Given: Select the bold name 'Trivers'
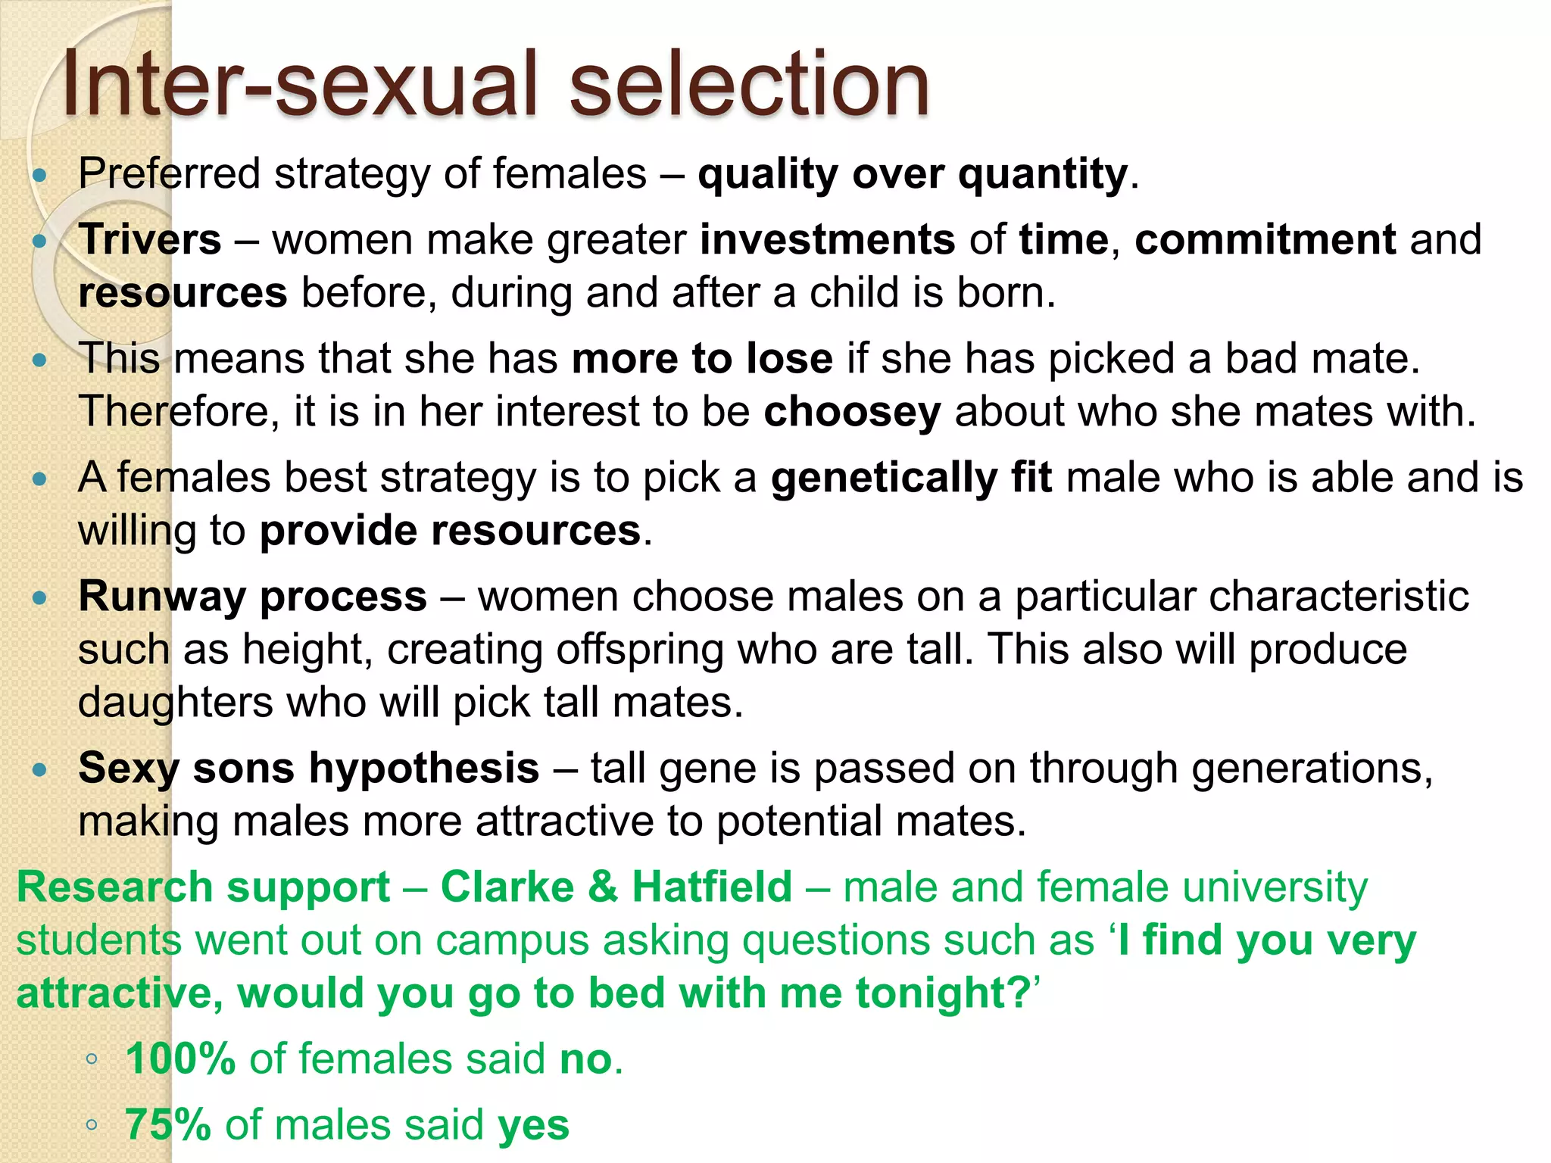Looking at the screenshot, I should [x=150, y=240].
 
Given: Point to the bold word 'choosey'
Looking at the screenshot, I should [x=852, y=413].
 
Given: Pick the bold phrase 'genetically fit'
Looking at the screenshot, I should [x=911, y=479].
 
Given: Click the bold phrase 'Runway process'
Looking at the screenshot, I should [x=253, y=597].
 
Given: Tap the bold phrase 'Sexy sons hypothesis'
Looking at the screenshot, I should [x=309, y=769].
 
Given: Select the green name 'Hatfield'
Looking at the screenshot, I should [x=712, y=887].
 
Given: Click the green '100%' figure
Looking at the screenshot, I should [x=180, y=1059].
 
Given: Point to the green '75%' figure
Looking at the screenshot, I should [x=167, y=1125].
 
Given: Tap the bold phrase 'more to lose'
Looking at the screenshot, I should [x=702, y=359].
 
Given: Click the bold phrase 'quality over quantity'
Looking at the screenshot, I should [x=913, y=175].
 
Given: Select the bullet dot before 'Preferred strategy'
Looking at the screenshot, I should [x=40, y=176].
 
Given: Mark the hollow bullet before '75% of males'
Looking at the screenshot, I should [x=92, y=1125].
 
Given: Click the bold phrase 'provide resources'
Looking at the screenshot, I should [x=451, y=531].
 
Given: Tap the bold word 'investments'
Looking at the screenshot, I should [x=827, y=240].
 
